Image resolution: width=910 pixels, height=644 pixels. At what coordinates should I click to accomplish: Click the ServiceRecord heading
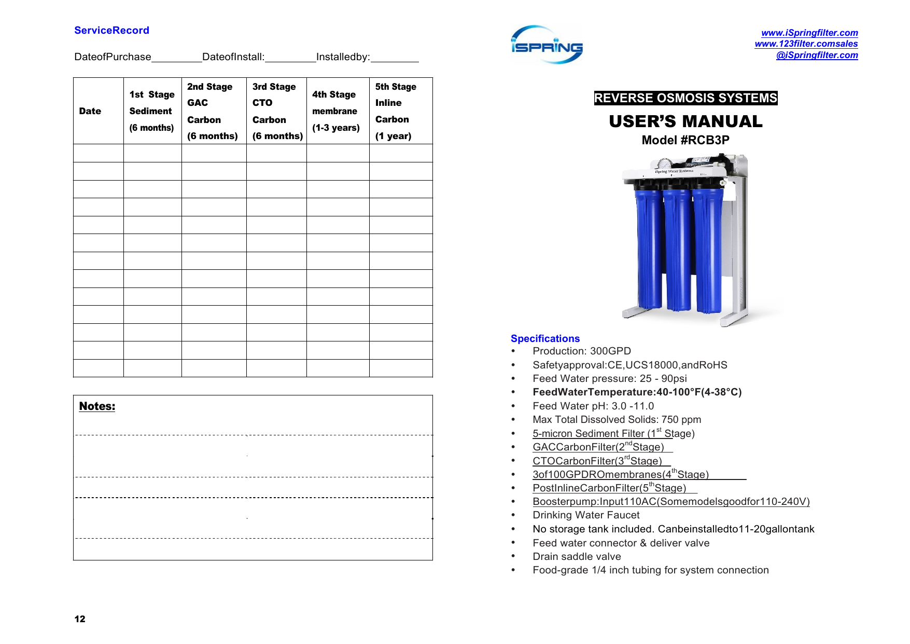coord(111,31)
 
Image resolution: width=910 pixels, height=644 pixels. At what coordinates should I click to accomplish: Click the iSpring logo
coord(547,45)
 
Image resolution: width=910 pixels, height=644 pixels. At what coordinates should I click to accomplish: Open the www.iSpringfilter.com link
coord(809,33)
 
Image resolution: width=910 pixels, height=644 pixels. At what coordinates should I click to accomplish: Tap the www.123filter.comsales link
coord(806,44)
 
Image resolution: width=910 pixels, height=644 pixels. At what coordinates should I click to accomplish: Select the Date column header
coord(90,111)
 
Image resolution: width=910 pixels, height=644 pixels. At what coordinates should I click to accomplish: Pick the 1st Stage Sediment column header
coord(152,111)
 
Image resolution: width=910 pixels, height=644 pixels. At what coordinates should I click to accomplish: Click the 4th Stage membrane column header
coord(335,111)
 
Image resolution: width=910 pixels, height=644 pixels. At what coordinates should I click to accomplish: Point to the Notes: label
coord(97,406)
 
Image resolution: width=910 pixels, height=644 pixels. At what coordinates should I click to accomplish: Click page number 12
coord(80,619)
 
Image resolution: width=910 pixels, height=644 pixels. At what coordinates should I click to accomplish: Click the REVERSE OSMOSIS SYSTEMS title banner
coord(685,98)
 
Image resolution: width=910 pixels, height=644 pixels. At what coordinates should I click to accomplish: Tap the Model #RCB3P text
coord(685,140)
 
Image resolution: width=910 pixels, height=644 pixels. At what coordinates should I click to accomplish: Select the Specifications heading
coord(545,339)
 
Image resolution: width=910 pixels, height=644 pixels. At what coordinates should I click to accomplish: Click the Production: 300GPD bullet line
coord(581,351)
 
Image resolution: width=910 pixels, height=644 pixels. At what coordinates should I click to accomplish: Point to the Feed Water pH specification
coord(593,406)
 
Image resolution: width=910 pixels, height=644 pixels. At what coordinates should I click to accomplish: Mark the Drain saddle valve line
coord(577,557)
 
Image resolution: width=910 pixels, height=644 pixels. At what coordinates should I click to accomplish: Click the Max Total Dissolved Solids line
coord(617,420)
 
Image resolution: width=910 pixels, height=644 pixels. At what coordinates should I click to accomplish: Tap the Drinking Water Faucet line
coord(586,515)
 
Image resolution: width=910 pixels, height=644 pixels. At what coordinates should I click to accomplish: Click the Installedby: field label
coord(343,57)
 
